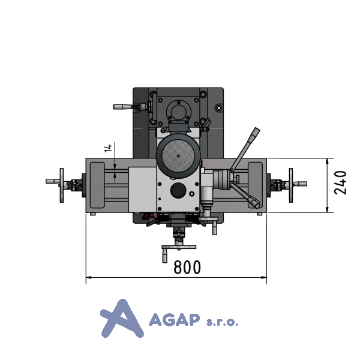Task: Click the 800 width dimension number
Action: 187,267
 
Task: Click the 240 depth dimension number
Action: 340,183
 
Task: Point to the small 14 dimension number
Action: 108,148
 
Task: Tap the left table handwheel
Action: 62,185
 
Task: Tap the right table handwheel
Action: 291,185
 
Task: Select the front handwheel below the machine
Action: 179,247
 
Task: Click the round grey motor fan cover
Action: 178,156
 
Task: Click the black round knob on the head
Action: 178,190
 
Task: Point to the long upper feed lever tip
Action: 257,130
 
